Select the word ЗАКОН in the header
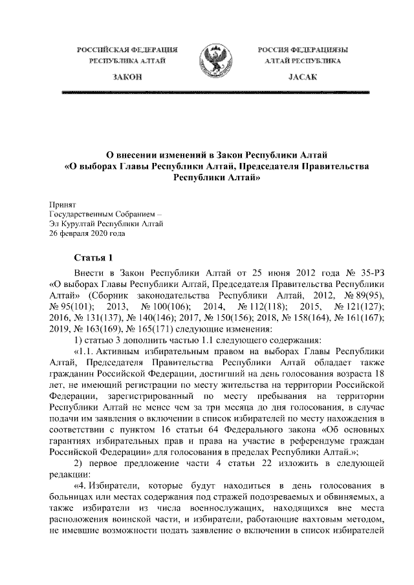pos(127,77)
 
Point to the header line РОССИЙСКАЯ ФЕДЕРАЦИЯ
pos(127,49)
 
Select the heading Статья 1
pos(94,257)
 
